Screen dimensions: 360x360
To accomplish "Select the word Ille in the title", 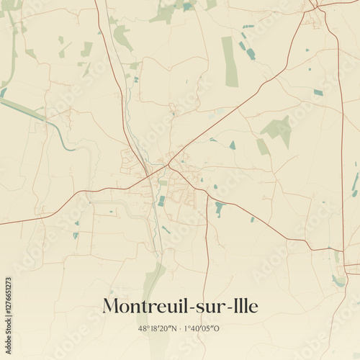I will pyautogui.click(x=242, y=306).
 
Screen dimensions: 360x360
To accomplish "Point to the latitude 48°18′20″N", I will pyautogui.click(x=154, y=328).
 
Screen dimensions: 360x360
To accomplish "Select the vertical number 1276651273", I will pyautogui.click(x=8, y=303).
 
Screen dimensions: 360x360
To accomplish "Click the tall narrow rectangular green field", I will pyautogui.click(x=230, y=61).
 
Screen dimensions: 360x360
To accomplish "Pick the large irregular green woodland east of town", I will pyautogui.click(x=277, y=130).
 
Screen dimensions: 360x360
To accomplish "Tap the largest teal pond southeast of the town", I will pyautogui.click(x=219, y=209).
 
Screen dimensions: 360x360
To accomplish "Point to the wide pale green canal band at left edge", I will pyautogui.click(x=29, y=112).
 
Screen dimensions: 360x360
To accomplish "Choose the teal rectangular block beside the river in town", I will pyautogui.click(x=161, y=201).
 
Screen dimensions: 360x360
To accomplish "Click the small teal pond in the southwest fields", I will pyautogui.click(x=75, y=235).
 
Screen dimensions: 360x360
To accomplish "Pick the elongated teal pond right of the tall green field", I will pyautogui.click(x=250, y=53).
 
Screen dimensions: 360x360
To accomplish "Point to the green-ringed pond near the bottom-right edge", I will pyautogui.click(x=337, y=280).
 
